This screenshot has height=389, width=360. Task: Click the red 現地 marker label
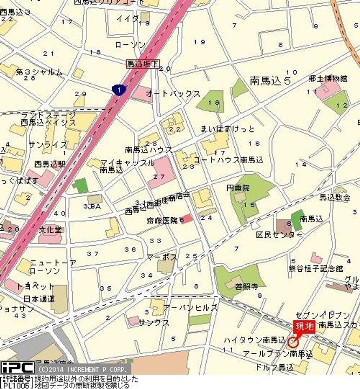[x=303, y=326]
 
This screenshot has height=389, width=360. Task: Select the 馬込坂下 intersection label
[x=142, y=64]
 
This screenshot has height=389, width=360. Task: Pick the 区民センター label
[x=279, y=236]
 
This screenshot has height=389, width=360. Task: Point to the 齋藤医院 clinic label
[x=162, y=220]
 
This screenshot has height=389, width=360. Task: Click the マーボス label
[x=162, y=257]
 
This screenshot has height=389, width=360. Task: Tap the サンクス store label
[x=154, y=323]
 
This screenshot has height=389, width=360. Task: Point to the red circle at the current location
[x=294, y=341]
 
